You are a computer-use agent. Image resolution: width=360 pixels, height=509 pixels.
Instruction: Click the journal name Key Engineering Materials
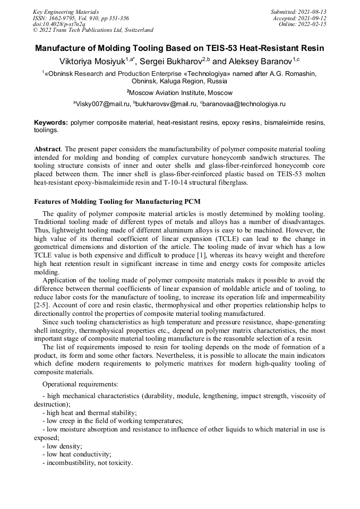tap(66, 11)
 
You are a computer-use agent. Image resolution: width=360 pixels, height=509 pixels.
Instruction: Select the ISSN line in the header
tap(81, 18)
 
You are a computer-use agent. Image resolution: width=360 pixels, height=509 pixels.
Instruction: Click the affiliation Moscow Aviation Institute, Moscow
tap(180, 93)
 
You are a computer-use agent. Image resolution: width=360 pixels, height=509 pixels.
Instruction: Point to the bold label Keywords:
tap(51, 122)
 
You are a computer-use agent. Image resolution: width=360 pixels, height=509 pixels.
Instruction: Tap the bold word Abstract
tap(47, 150)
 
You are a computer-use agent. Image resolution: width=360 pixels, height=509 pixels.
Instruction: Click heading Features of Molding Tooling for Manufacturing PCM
tap(117, 202)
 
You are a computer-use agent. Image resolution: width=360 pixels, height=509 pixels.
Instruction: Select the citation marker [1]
tap(201, 256)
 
